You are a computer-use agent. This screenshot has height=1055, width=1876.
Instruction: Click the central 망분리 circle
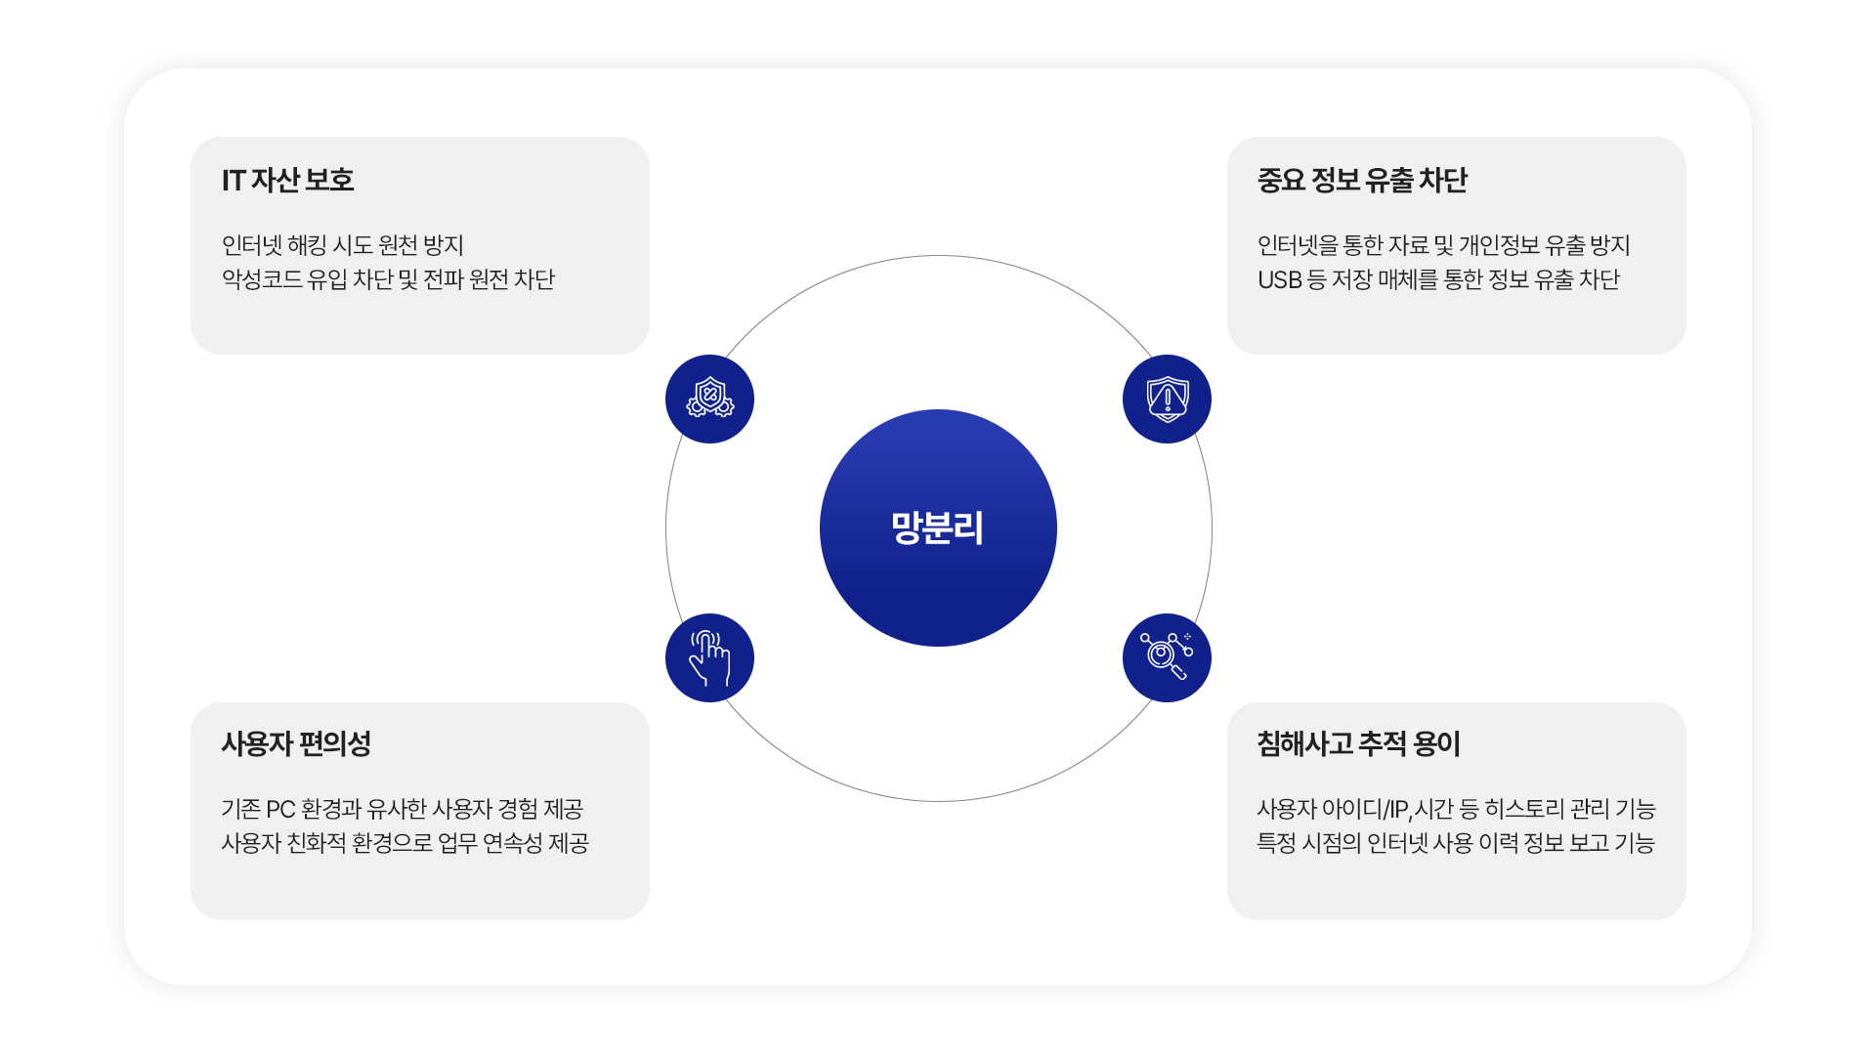coord(938,527)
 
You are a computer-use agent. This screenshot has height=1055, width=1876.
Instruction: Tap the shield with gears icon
coord(709,399)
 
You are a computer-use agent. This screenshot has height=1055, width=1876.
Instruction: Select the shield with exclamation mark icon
coord(1167,399)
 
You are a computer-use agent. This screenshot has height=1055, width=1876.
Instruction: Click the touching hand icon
coord(709,657)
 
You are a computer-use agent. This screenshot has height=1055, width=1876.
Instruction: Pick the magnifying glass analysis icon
coord(1167,657)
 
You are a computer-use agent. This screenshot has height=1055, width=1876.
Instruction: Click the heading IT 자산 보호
coord(287,181)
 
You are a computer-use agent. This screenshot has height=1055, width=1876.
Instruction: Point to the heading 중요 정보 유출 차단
coord(1362,181)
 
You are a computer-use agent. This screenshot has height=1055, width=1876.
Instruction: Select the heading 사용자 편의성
coord(296,744)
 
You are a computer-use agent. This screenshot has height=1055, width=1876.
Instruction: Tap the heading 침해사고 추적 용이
coord(1358,744)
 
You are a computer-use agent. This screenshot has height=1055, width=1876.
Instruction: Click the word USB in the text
coord(1279,280)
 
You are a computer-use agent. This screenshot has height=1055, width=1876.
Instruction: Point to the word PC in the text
coord(280,810)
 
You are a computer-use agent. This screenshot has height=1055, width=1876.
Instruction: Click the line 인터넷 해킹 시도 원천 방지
coord(342,245)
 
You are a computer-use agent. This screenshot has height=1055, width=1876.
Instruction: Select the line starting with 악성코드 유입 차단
coord(388,280)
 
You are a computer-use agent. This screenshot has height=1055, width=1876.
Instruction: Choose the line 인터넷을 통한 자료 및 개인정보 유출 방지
coord(1443,245)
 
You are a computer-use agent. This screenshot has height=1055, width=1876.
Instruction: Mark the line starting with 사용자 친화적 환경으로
coord(405,843)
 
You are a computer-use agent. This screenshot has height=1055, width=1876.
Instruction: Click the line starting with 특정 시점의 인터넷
coord(1455,843)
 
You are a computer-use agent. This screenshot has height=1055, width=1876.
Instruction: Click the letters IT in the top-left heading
coord(233,181)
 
